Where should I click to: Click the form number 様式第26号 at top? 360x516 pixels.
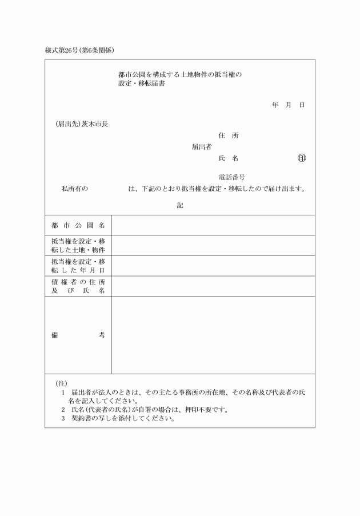click(63, 50)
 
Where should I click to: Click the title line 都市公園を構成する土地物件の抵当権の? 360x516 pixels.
click(180, 75)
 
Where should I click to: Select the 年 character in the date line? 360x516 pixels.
click(275, 105)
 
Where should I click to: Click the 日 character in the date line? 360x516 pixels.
click(302, 105)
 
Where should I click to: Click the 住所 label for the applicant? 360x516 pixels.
click(229, 135)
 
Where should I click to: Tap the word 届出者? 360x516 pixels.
click(202, 147)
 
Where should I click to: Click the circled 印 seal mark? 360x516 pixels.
click(302, 158)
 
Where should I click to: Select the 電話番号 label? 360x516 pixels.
click(232, 177)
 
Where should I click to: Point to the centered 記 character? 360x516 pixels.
click(180, 205)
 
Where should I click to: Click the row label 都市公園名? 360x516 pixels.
click(78, 225)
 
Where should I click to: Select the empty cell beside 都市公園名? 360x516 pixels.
click(213, 225)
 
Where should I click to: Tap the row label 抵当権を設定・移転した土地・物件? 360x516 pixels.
click(78, 246)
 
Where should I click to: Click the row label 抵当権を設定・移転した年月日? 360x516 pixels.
click(78, 266)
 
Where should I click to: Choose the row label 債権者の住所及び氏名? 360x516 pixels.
click(78, 286)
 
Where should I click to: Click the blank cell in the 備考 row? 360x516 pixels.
click(213, 335)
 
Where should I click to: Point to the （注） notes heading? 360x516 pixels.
click(61, 383)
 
